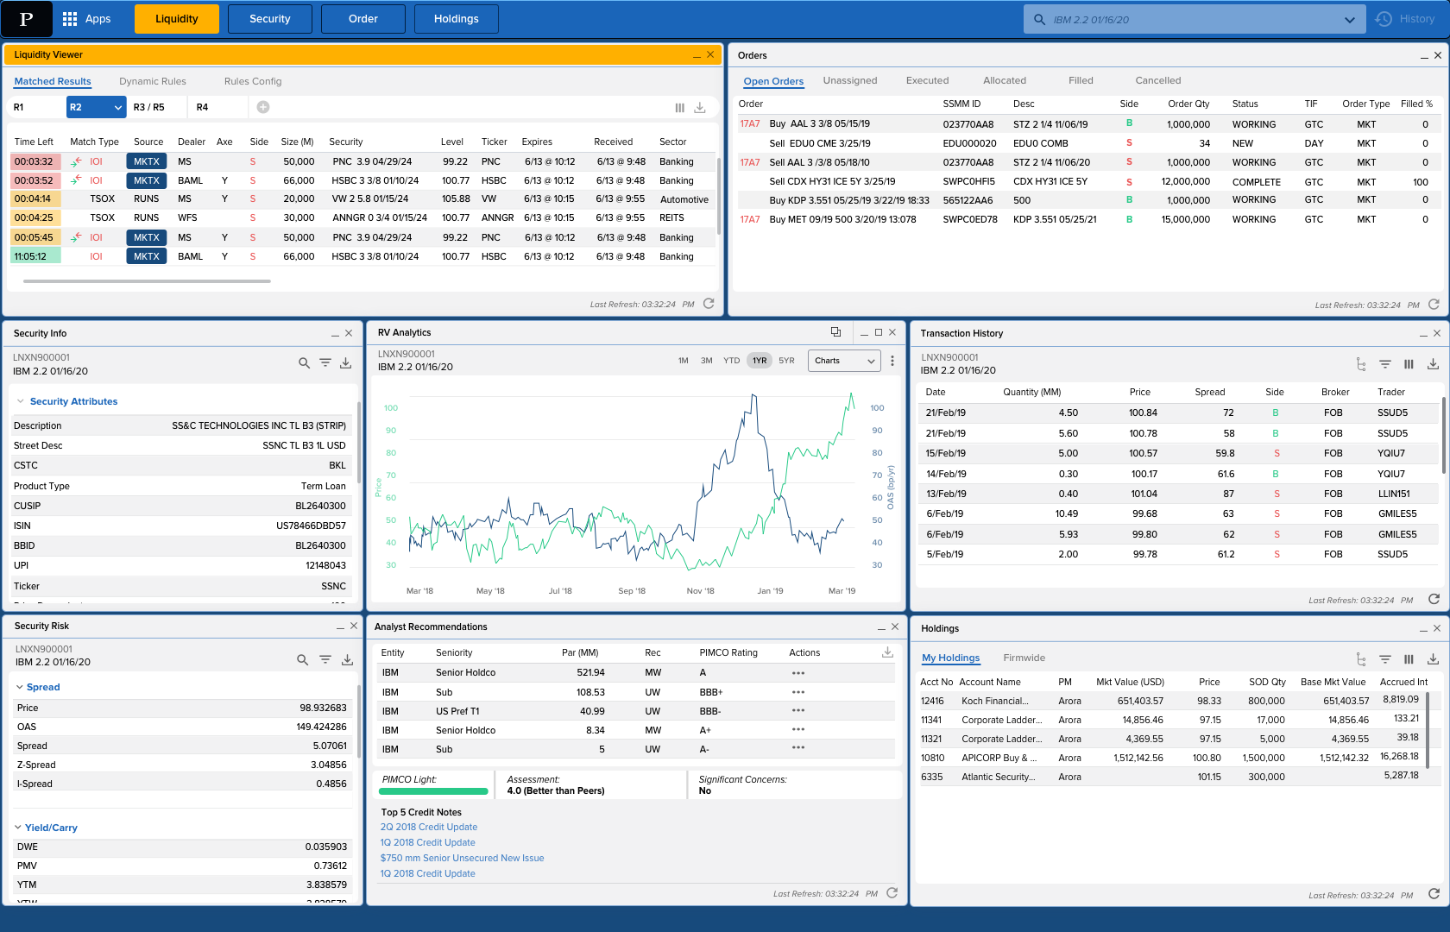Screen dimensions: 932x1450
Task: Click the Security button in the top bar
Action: pos(269,19)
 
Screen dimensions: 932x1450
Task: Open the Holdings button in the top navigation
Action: pos(456,19)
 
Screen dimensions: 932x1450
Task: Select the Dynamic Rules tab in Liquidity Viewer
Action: pos(153,81)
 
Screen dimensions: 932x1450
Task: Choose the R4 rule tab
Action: pos(202,107)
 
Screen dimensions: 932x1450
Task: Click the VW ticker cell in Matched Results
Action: pos(489,198)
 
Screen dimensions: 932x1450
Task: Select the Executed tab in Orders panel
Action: pos(927,80)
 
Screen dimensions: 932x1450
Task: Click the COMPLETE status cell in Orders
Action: pos(1256,182)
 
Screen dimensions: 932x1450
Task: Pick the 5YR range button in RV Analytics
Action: pos(786,361)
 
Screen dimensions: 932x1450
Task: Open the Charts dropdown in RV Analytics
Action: pos(844,361)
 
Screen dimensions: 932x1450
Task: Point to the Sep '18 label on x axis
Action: pos(632,591)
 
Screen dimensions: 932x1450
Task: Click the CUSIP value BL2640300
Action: pos(320,506)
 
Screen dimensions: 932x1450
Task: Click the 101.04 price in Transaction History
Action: pos(1144,494)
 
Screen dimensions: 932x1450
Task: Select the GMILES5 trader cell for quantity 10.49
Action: pos(1396,513)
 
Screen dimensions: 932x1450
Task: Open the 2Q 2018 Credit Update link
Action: pos(429,827)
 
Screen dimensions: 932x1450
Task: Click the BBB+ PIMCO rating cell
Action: pos(711,692)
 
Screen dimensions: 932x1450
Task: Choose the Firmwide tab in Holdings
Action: pos(1024,658)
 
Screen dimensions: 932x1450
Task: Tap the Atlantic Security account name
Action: pos(998,777)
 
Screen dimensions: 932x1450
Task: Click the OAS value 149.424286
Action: pos(321,727)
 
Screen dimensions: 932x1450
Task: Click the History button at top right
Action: pos(1406,19)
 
